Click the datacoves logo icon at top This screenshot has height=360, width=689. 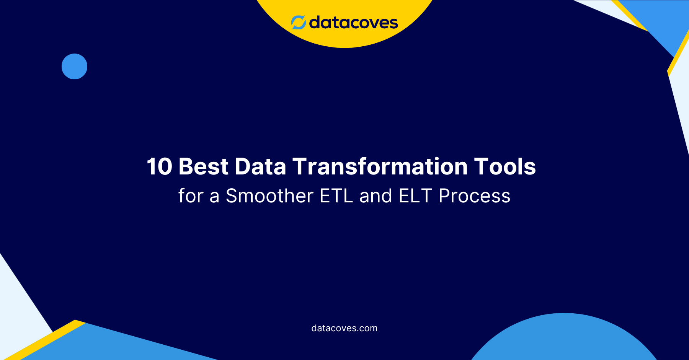(x=298, y=23)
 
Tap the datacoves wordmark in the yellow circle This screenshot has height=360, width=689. (x=353, y=23)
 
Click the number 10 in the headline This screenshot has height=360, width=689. (x=159, y=167)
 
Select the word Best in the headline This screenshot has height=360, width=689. (x=204, y=167)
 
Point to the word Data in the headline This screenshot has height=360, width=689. (x=260, y=167)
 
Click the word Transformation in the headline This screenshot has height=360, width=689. (x=380, y=167)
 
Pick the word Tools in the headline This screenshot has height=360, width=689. (x=505, y=167)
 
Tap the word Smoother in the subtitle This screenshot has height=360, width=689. (x=269, y=196)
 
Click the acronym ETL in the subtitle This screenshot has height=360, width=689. (x=336, y=196)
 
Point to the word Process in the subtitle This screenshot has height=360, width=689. (x=474, y=196)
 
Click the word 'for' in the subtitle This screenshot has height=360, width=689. (x=191, y=196)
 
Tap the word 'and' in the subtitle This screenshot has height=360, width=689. (x=376, y=196)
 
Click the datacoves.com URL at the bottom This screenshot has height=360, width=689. (x=344, y=328)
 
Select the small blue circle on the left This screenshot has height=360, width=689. (x=74, y=67)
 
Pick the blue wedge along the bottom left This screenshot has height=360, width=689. (x=115, y=344)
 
